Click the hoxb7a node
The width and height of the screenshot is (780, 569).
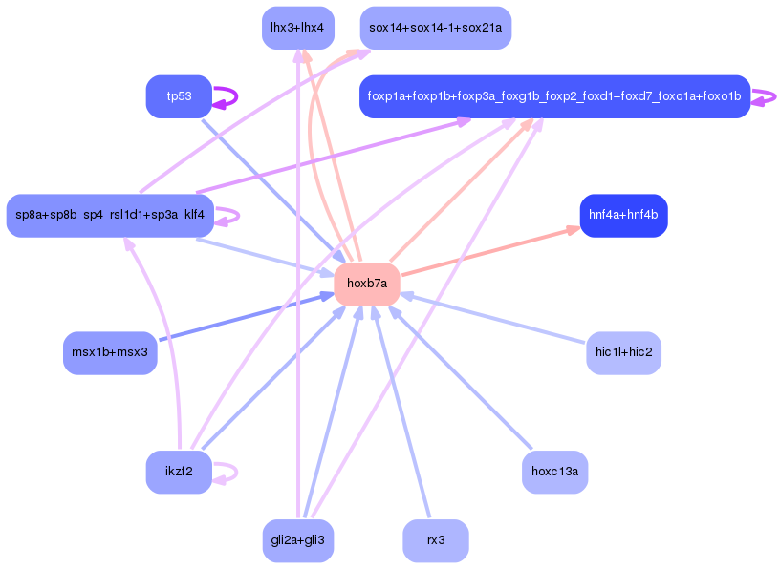(x=367, y=284)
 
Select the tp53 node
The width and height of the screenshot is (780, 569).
(x=178, y=96)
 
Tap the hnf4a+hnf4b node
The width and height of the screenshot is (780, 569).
(x=623, y=215)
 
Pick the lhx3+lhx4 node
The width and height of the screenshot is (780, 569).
(x=297, y=28)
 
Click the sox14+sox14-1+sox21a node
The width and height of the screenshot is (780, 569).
(x=435, y=28)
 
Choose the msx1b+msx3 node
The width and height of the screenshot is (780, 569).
(x=110, y=352)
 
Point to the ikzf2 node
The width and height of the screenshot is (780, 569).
(x=179, y=471)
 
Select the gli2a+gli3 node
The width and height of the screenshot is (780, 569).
(x=297, y=540)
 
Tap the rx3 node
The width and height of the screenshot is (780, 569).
(x=435, y=540)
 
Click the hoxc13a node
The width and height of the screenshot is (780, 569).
(x=554, y=471)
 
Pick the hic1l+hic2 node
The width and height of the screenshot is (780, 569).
(x=623, y=352)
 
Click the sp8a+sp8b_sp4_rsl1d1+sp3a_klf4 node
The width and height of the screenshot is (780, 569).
(x=109, y=215)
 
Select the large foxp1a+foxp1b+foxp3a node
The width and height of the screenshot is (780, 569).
(x=554, y=96)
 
